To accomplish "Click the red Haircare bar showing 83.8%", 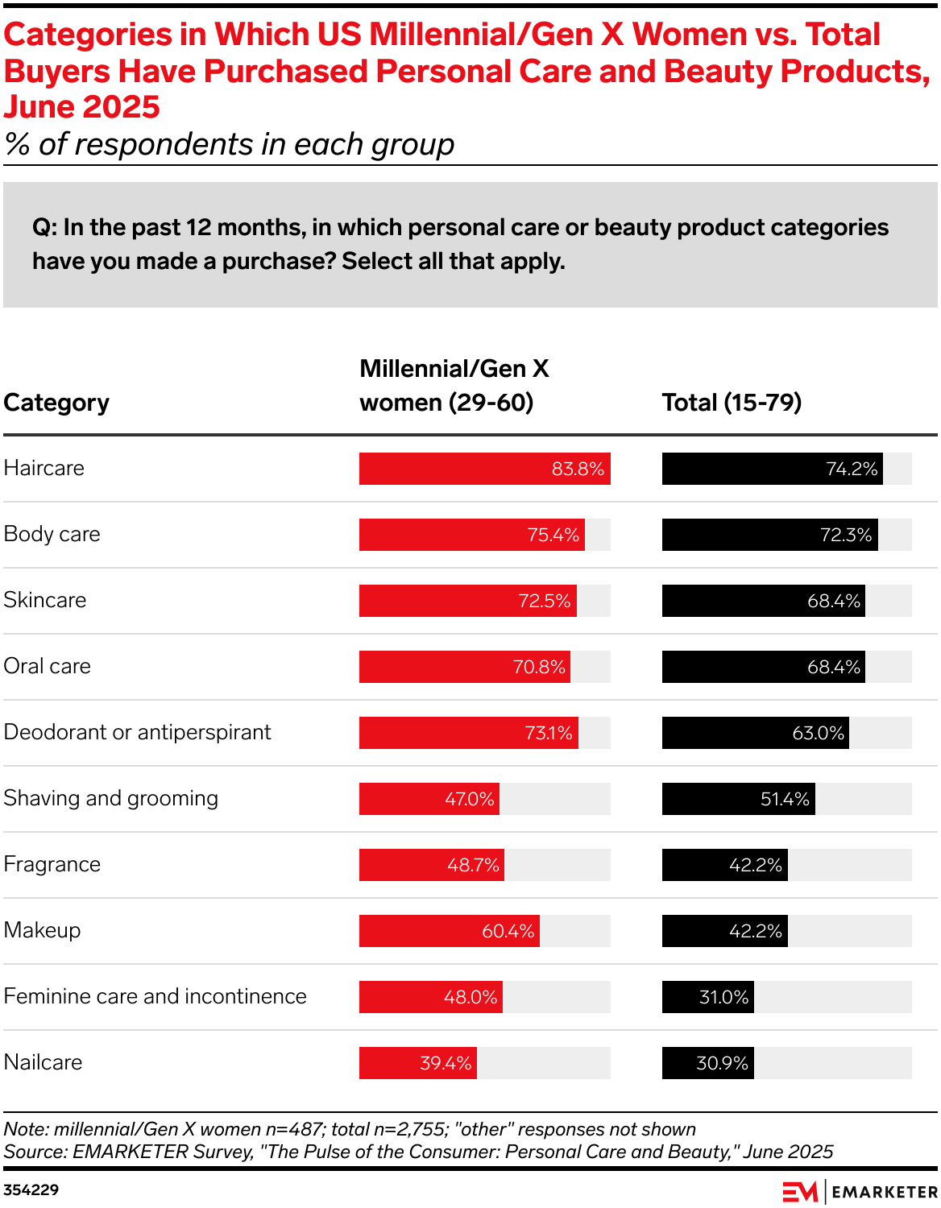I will click(484, 469).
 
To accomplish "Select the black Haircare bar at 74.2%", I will click(772, 469).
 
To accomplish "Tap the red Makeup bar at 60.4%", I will click(449, 931).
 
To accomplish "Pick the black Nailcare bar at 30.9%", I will click(707, 1063).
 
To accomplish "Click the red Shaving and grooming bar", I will click(429, 799).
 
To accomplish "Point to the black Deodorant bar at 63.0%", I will click(755, 733).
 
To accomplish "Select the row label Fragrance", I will click(52, 864).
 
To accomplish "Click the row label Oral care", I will click(48, 666).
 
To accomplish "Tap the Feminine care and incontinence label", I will click(155, 996).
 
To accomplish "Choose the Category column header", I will click(56, 403).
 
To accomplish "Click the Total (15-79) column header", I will click(732, 403).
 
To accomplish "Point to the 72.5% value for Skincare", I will click(545, 601).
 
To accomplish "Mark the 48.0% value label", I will click(470, 997).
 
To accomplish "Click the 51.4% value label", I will click(785, 799).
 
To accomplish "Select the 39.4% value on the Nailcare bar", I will click(446, 1063).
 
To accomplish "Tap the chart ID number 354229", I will click(31, 1190).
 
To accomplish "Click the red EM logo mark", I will click(800, 1192).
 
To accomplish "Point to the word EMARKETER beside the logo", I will click(885, 1192).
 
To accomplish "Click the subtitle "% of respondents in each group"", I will click(230, 145).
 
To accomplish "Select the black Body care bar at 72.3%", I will click(769, 535).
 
